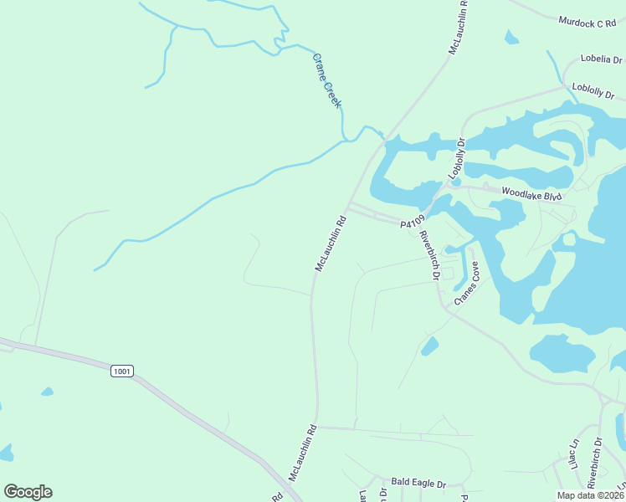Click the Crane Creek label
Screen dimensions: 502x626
327,80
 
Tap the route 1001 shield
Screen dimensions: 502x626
121,370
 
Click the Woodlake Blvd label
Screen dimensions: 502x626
530,192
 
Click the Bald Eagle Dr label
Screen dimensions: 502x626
418,483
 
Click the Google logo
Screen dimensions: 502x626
28,492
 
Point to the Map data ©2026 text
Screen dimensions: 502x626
591,495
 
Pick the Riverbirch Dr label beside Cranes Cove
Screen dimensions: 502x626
430,254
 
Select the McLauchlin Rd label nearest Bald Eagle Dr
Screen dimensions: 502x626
303,453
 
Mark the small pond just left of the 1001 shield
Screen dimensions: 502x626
47,392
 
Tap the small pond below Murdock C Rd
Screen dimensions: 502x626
511,38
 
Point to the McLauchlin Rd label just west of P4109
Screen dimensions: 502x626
331,244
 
